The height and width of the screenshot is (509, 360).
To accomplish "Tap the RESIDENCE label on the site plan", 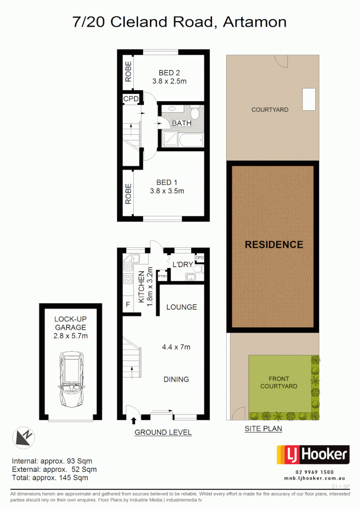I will [x=274, y=245].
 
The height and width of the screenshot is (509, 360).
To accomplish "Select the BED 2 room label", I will [x=169, y=73].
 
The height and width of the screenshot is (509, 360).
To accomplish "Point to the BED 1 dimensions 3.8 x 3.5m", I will [x=166, y=191].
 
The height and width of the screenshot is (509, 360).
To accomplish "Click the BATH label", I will [x=181, y=123].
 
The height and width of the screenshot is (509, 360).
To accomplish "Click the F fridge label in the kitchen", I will [x=128, y=305].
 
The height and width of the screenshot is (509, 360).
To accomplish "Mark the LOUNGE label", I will [x=181, y=307].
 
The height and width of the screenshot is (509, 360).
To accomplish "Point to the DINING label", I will [x=176, y=379].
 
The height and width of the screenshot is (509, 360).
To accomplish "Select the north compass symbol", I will [x=23, y=437].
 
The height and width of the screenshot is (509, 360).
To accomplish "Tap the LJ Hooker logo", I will [x=312, y=455].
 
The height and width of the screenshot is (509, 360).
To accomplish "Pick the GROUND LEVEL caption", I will [x=163, y=432].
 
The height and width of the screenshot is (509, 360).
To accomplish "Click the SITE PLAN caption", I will [x=263, y=429].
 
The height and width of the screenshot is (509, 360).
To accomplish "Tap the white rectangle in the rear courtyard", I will [x=309, y=99].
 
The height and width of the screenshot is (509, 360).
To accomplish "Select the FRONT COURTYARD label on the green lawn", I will [x=283, y=382].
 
